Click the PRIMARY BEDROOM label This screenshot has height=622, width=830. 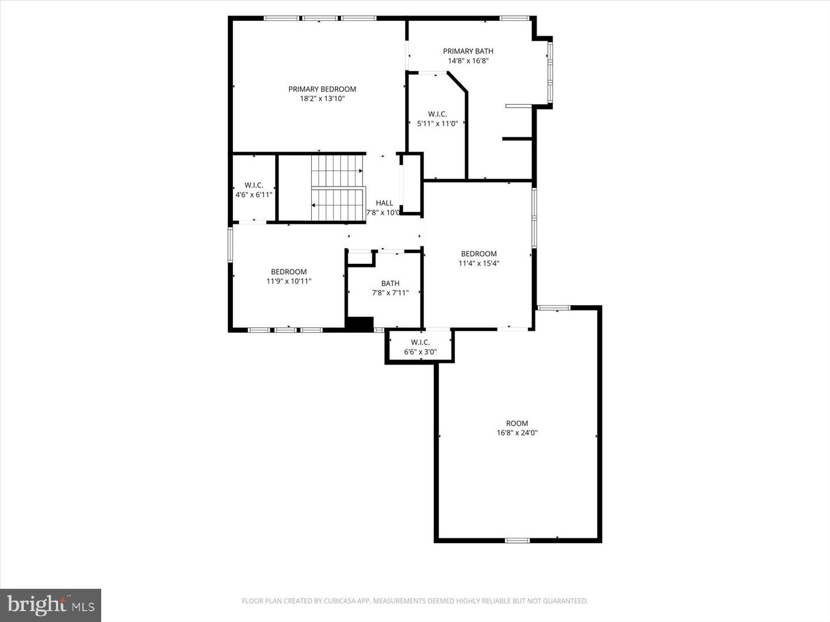tap(322, 89)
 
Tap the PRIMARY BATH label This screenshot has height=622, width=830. tap(467, 51)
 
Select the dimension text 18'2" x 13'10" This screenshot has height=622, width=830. tap(322, 98)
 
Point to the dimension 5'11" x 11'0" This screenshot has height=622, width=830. tap(437, 123)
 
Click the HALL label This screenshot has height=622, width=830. tap(384, 203)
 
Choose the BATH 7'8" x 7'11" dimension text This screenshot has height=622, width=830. tap(390, 293)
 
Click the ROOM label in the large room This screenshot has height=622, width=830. tap(517, 423)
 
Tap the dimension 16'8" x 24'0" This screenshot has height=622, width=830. tap(517, 433)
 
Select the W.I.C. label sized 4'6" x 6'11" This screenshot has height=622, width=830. tap(254, 185)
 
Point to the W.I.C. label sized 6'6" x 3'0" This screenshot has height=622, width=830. tap(420, 342)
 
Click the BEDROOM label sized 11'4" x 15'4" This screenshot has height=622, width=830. tap(478, 254)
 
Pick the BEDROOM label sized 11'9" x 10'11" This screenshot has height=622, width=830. tap(289, 272)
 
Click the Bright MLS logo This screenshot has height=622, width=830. tap(51, 605)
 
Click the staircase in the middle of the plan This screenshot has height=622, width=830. tap(338, 188)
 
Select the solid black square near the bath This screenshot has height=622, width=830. tap(360, 324)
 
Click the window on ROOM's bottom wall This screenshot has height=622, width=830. tap(517, 540)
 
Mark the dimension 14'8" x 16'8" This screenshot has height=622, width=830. tap(467, 60)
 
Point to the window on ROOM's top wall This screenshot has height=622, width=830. tap(553, 308)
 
